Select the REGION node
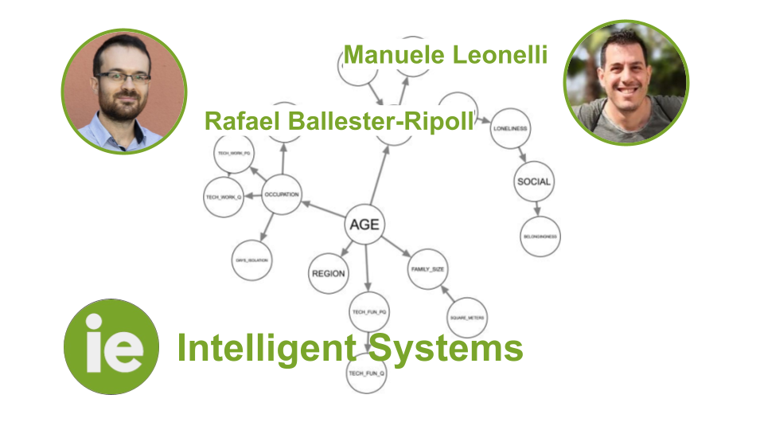coord(328,273)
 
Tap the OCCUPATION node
coord(281,193)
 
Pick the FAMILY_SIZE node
coord(427,269)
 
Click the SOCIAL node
coord(533,182)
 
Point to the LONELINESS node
coord(510,128)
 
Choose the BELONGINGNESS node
coord(540,236)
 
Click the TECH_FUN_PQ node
coord(369,312)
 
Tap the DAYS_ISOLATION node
coord(251,260)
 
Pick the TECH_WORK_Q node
coord(224,197)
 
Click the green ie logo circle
coord(111,347)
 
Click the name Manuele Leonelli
coord(446,56)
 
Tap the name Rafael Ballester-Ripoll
coord(338,121)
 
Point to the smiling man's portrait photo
coord(626,83)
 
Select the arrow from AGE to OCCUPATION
coord(323,209)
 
